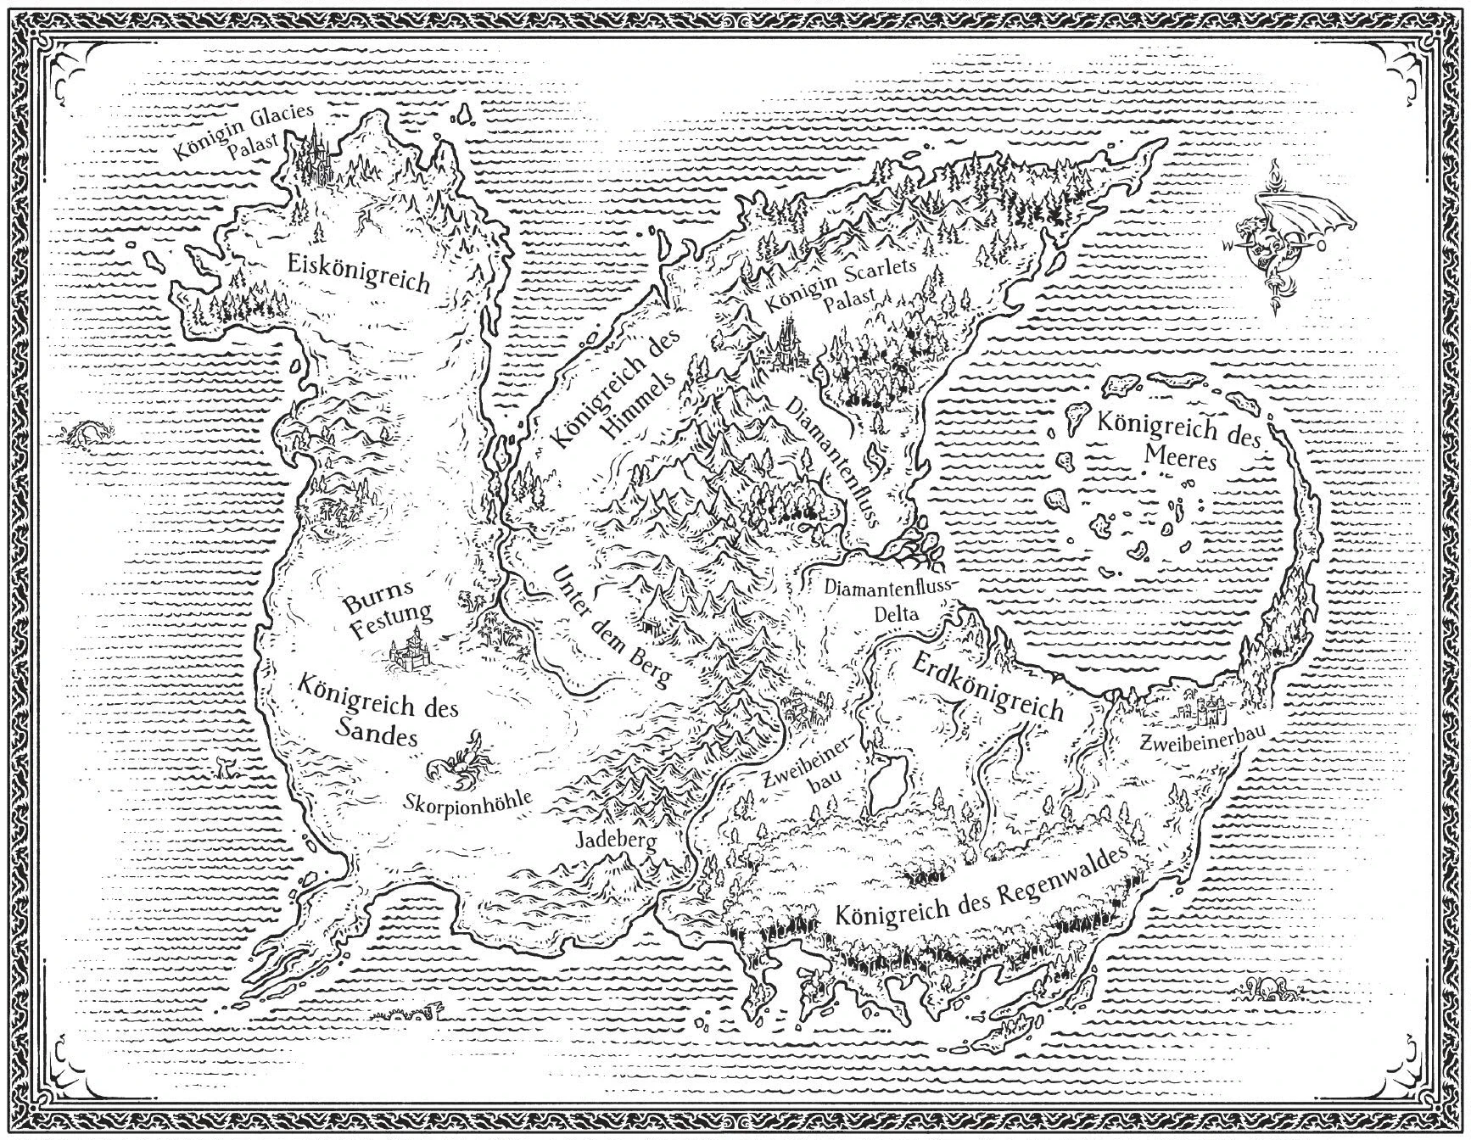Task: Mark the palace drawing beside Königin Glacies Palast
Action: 315,157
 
